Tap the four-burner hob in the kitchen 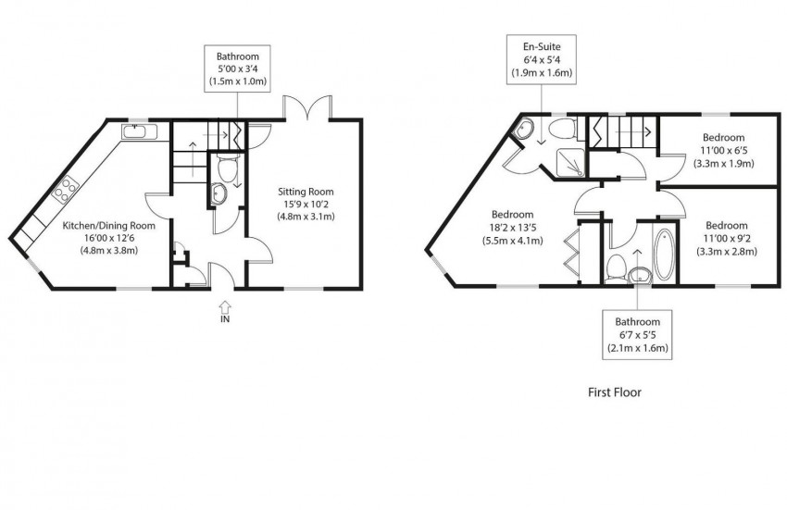68,192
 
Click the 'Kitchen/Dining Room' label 108,225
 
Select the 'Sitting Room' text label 306,192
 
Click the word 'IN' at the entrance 224,319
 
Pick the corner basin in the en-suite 525,131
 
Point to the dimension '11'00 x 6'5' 723,150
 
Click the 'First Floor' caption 614,392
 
